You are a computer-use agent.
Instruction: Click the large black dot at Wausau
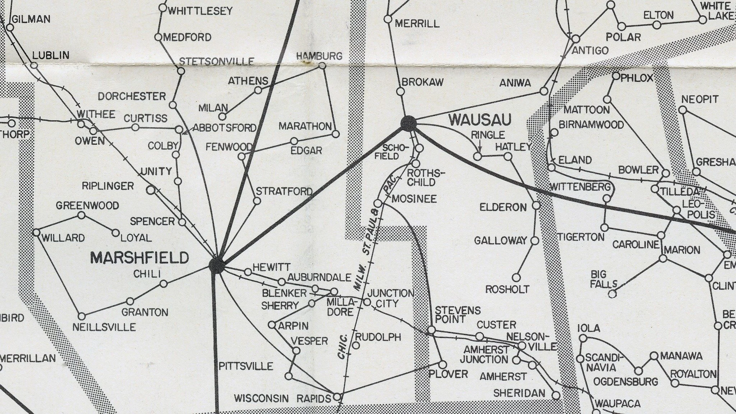(x=409, y=123)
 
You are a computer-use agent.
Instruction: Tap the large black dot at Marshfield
(x=217, y=266)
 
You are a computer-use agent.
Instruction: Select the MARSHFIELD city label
(x=139, y=258)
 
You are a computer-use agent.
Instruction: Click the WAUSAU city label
(x=480, y=120)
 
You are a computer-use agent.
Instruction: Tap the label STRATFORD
(x=284, y=191)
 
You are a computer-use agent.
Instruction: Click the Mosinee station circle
(x=378, y=203)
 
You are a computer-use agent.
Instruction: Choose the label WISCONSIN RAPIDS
(x=282, y=398)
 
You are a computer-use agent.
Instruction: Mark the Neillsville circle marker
(x=82, y=317)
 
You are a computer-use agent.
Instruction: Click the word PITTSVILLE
(x=246, y=366)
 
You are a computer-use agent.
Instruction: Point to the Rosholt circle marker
(x=516, y=277)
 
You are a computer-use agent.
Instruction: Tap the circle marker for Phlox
(x=616, y=76)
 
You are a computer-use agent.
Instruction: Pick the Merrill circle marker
(x=388, y=19)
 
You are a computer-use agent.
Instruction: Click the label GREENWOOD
(x=87, y=206)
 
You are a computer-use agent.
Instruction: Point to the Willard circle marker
(x=36, y=233)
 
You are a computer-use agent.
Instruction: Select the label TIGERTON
(x=581, y=237)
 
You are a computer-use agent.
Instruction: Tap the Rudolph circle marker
(x=356, y=345)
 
